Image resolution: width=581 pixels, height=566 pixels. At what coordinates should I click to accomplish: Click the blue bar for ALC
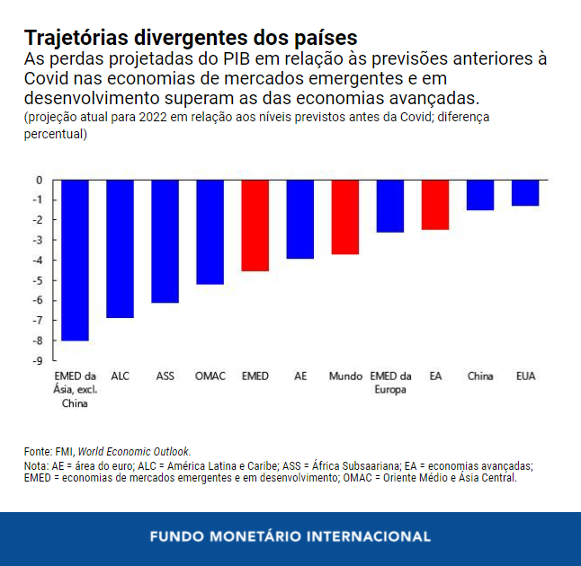click(120, 249)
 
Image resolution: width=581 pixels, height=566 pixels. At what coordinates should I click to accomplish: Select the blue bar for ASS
click(165, 241)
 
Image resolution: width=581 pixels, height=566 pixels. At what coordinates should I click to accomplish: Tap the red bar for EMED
click(255, 226)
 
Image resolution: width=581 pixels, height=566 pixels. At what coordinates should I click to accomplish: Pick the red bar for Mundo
click(345, 217)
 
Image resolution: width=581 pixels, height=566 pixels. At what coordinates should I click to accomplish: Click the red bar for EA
click(435, 205)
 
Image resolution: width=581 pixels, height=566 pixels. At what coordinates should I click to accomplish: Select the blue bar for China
click(480, 195)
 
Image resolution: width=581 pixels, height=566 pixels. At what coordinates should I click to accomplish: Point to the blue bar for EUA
click(525, 192)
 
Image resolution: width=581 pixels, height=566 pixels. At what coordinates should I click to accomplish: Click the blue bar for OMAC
click(210, 232)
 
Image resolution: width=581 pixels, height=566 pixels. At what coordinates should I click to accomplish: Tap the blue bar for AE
click(300, 219)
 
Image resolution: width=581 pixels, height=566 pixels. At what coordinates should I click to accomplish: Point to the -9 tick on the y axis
click(38, 361)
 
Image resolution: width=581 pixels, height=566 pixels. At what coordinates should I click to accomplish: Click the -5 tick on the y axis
click(38, 280)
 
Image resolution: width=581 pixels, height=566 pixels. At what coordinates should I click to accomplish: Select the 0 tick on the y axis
click(39, 180)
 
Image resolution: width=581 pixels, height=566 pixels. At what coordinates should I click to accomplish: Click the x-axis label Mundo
click(345, 376)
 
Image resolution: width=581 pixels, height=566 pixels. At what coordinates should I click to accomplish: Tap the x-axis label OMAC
click(210, 376)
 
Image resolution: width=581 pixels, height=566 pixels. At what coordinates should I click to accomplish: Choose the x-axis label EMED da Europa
click(390, 383)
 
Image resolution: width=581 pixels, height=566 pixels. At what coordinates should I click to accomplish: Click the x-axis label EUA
click(525, 376)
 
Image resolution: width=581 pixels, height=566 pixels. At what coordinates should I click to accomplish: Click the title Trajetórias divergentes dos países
click(191, 38)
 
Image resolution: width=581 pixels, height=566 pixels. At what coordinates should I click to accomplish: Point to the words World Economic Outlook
click(134, 451)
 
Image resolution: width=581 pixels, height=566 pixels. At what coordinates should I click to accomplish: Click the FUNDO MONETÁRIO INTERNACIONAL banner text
click(290, 536)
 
